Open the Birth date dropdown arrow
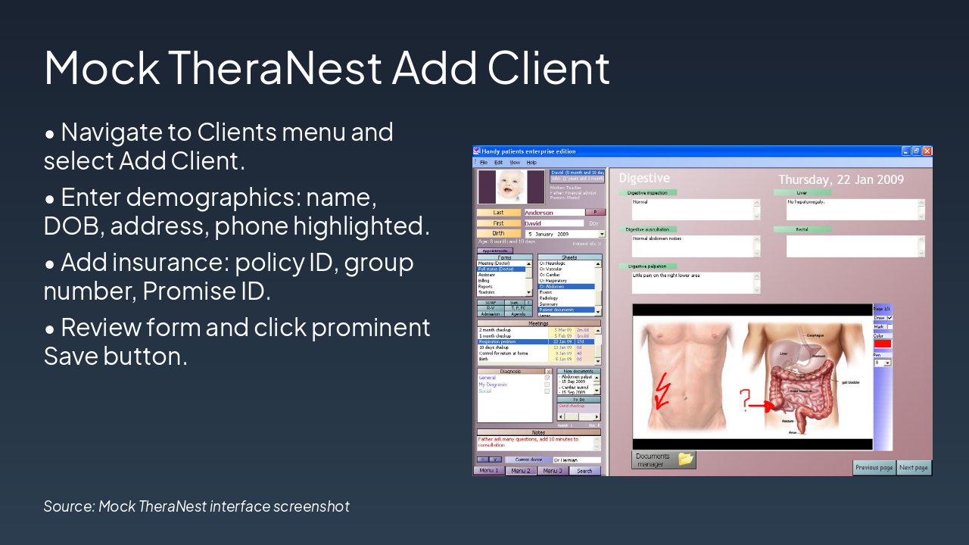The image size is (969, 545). click(x=602, y=234)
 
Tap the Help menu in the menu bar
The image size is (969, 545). click(x=531, y=163)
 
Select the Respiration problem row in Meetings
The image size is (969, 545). click(x=513, y=341)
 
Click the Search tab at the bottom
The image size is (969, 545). click(x=584, y=471)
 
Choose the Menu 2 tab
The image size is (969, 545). click(x=520, y=471)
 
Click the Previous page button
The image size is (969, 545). click(x=874, y=468)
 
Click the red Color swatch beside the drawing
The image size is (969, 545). click(x=883, y=344)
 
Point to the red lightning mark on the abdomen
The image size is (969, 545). click(x=662, y=389)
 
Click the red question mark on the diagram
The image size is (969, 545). click(x=745, y=400)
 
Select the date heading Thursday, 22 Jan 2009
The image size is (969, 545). click(x=841, y=179)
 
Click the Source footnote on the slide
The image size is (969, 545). click(x=196, y=506)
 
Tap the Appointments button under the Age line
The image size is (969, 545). click(x=494, y=251)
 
